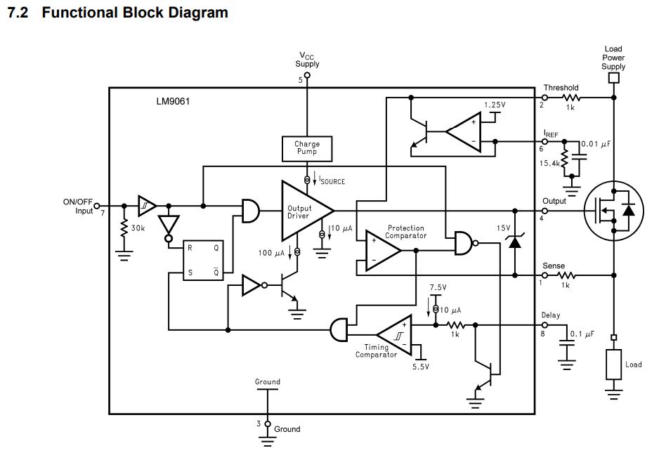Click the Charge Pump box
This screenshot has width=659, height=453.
pyautogui.click(x=306, y=148)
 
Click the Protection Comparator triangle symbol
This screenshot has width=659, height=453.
pyautogui.click(x=380, y=250)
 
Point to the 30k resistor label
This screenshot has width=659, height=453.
pyautogui.click(x=138, y=229)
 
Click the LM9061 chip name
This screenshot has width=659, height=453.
pyautogui.click(x=173, y=101)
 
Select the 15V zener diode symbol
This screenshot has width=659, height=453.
pyautogui.click(x=515, y=242)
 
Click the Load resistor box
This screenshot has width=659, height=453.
pyautogui.click(x=614, y=365)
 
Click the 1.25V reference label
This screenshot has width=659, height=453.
pyautogui.click(x=494, y=105)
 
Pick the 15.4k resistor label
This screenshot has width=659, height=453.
pyautogui.click(x=549, y=163)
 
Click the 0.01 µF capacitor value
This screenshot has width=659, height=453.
pyautogui.click(x=596, y=144)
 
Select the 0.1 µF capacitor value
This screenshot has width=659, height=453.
pyautogui.click(x=582, y=334)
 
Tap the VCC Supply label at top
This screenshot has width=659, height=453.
pyautogui.click(x=307, y=60)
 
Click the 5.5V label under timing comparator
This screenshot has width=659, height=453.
pyautogui.click(x=421, y=366)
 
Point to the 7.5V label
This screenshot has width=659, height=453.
pyautogui.click(x=438, y=288)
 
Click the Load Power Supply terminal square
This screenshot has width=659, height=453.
pyautogui.click(x=613, y=78)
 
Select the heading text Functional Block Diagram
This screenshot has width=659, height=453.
pyautogui.click(x=135, y=13)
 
